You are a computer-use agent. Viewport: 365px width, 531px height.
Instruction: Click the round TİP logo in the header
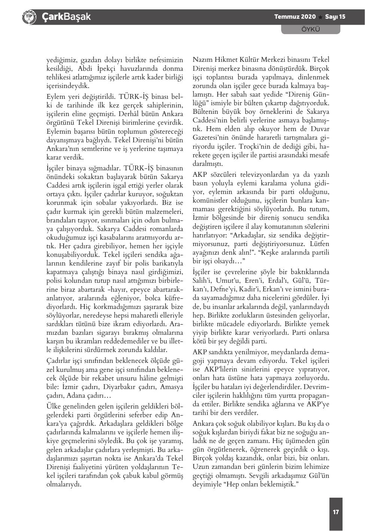pyautogui.click(x=29, y=16)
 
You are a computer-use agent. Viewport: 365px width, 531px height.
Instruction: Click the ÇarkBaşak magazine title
pyautogui.click(x=66, y=16)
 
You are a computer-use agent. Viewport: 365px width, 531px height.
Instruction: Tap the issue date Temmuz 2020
pyautogui.click(x=295, y=17)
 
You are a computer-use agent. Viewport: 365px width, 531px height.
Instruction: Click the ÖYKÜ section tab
pyautogui.click(x=310, y=29)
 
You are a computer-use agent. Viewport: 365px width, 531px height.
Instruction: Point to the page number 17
pyautogui.click(x=336, y=512)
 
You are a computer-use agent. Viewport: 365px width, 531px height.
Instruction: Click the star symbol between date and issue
pyautogui.click(x=321, y=17)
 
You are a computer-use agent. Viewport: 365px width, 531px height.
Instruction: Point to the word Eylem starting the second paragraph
pyautogui.click(x=55, y=96)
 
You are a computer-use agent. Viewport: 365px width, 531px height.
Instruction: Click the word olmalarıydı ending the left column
pyautogui.click(x=64, y=484)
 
